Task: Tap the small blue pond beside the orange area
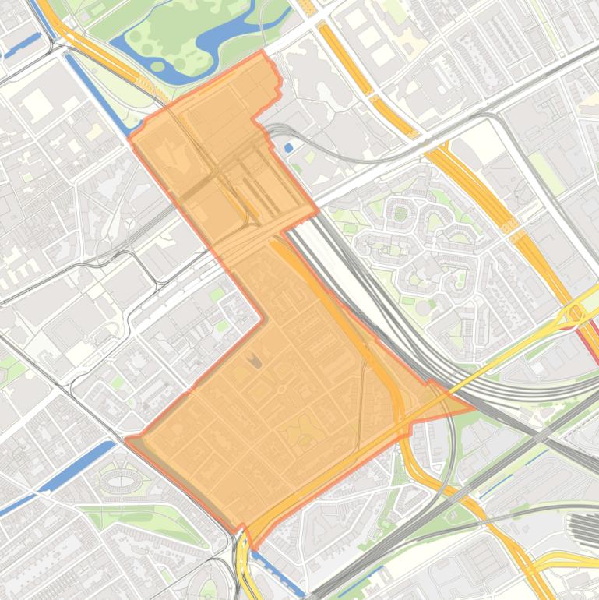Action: pyautogui.click(x=289, y=147)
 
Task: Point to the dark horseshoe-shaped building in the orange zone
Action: pyautogui.click(x=256, y=359)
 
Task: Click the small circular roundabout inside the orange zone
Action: pyautogui.click(x=283, y=387)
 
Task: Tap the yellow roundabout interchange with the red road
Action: pyautogui.click(x=576, y=313)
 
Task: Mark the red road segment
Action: pyautogui.click(x=590, y=340)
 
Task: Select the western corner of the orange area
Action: pyautogui.click(x=126, y=439)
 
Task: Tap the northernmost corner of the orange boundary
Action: pyautogui.click(x=263, y=52)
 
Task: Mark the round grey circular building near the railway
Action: pyautogui.click(x=421, y=308)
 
